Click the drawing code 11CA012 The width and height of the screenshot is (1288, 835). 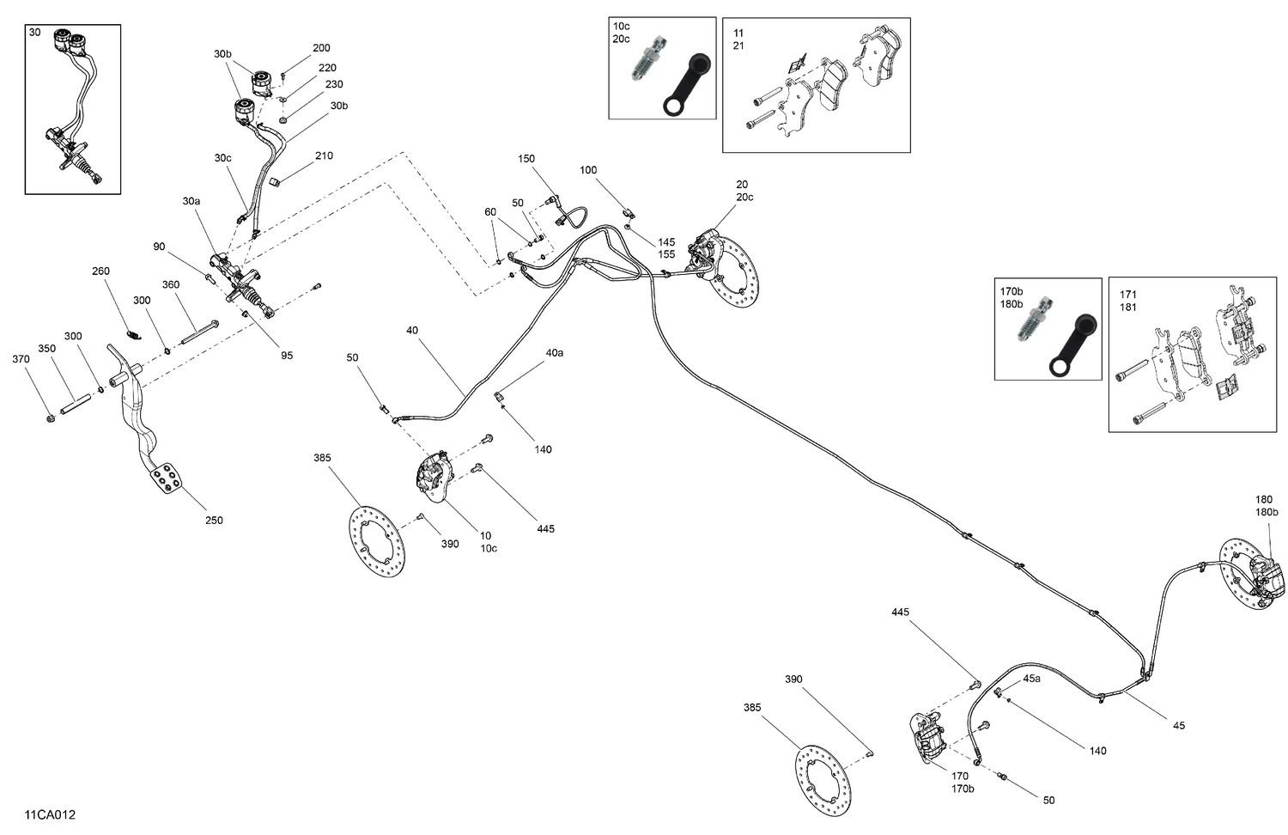[50, 814]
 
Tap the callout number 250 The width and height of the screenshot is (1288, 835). [214, 520]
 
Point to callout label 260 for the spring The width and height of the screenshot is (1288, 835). [101, 271]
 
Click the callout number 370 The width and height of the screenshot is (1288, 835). [21, 359]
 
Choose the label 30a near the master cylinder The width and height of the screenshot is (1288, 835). [191, 201]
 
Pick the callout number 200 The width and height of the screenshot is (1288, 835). [321, 48]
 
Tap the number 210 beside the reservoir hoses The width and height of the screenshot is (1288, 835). [324, 155]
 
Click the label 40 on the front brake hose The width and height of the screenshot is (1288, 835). [412, 330]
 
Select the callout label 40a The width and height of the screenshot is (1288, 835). [555, 352]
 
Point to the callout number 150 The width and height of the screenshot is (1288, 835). [526, 159]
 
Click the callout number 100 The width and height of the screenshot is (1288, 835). [588, 170]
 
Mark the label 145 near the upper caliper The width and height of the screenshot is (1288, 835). [666, 242]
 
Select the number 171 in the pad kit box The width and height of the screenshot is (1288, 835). [1127, 295]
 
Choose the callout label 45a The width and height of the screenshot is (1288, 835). [1031, 678]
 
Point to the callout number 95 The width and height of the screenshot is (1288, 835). [287, 355]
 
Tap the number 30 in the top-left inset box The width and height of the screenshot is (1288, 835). [34, 32]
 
